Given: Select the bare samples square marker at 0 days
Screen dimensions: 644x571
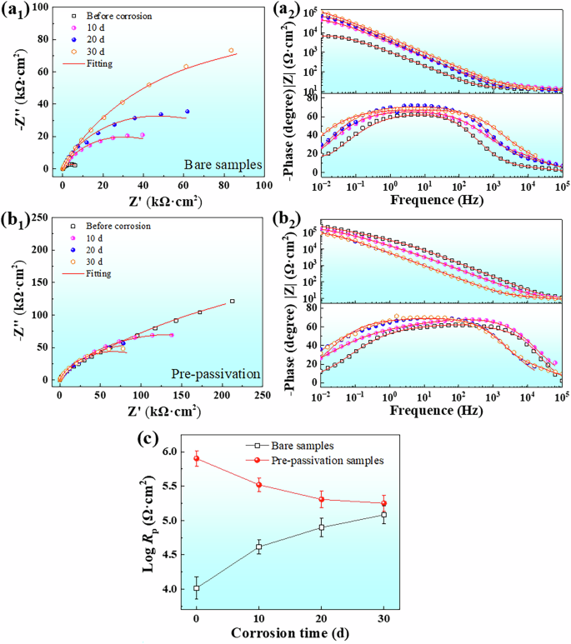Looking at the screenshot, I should pos(196,588).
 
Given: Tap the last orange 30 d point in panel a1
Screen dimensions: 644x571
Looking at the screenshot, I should pos(232,50).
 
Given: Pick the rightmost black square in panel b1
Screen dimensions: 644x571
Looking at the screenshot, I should pos(232,301).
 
